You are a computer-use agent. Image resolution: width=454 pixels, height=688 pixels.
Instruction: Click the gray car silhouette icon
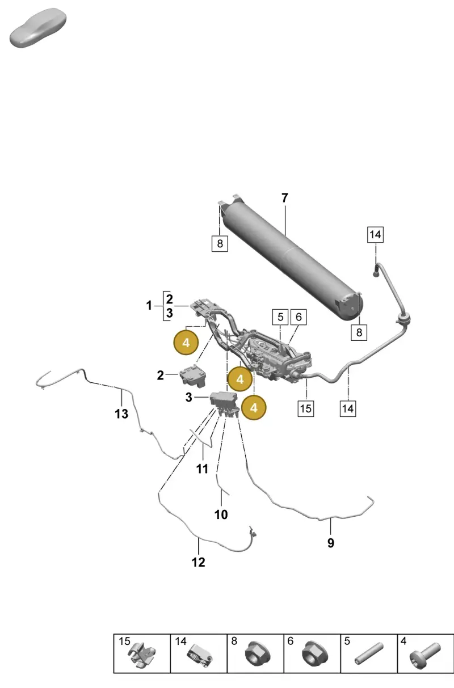38,28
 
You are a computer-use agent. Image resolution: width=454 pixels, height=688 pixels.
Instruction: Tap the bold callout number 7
285,198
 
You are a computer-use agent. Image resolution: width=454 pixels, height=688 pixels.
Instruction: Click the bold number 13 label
121,413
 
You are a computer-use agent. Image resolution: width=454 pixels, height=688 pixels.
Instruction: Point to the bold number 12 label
198,563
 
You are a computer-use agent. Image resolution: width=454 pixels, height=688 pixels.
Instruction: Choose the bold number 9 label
331,543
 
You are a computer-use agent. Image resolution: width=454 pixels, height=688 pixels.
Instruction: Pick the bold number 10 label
221,514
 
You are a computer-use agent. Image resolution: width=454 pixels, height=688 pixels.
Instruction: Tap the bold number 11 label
202,468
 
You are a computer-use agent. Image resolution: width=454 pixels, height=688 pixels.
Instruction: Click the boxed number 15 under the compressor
306,408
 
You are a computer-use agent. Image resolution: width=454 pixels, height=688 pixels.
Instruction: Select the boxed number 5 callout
280,317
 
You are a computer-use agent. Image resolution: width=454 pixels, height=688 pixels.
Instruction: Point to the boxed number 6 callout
299,317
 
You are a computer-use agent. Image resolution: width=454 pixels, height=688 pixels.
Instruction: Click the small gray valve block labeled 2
193,375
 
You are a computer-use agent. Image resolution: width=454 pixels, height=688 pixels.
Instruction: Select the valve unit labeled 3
224,403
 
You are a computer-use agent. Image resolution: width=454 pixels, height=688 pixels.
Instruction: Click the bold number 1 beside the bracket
149,306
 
